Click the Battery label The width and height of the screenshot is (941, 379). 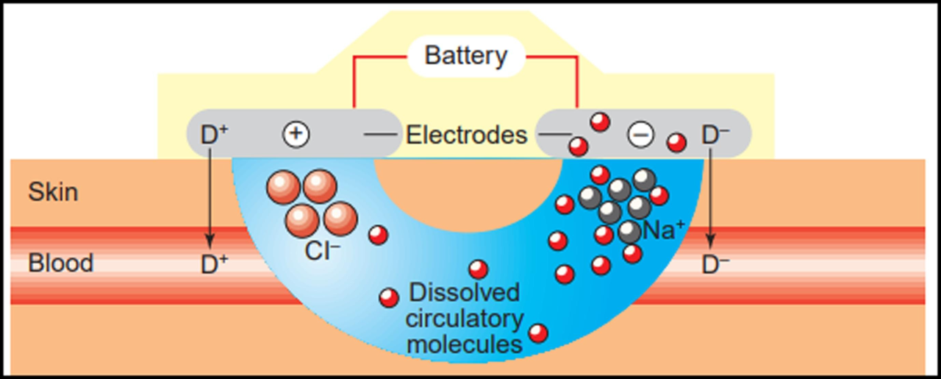pos(467,56)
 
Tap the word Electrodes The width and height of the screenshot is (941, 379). pos(467,135)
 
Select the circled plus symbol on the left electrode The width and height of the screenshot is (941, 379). pos(296,134)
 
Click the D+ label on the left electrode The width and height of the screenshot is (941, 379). pos(215,135)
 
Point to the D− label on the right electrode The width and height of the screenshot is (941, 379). pos(715,135)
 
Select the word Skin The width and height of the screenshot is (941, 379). pos(53,193)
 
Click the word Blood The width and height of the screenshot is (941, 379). pos(61,263)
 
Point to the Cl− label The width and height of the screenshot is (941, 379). pos(321,251)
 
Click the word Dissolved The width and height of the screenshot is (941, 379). pos(464,292)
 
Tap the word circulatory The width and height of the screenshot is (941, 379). pos(465,318)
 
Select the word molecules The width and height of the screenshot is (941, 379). pos(465,344)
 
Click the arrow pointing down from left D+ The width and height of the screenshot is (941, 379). pos(210,199)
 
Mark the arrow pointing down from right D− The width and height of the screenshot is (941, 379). pos(710,199)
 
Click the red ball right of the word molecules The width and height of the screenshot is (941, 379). pos(538,333)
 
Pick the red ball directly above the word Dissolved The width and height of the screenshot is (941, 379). pos(479,269)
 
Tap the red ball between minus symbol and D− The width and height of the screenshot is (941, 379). pos(676,142)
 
